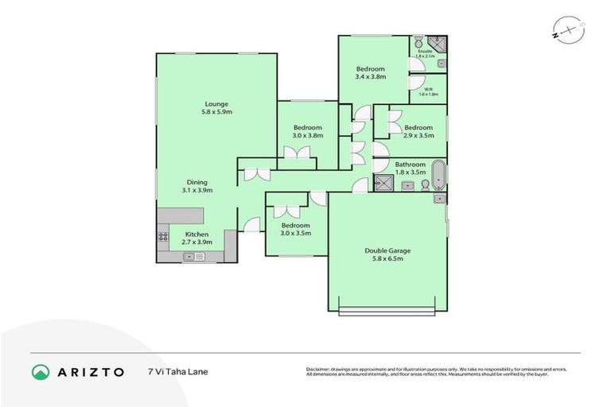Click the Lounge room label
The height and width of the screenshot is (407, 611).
point(216,103)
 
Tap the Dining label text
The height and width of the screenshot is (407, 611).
point(197,181)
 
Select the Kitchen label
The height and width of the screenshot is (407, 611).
point(197,235)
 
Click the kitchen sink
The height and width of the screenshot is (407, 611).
point(194,256)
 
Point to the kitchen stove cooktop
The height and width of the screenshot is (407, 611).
point(163,236)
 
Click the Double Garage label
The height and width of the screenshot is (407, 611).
point(387,250)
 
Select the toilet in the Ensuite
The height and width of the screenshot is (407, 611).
point(418,42)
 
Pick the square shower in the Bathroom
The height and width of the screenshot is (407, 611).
point(383,184)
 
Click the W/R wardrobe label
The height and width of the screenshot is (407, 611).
point(428,89)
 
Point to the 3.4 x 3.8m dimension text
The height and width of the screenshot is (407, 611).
point(370,77)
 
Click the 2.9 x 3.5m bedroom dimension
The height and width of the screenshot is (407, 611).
point(418,137)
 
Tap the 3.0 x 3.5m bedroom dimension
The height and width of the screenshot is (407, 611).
point(294,234)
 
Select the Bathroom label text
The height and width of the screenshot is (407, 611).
point(411,165)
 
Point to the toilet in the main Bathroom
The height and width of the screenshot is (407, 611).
point(425,185)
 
